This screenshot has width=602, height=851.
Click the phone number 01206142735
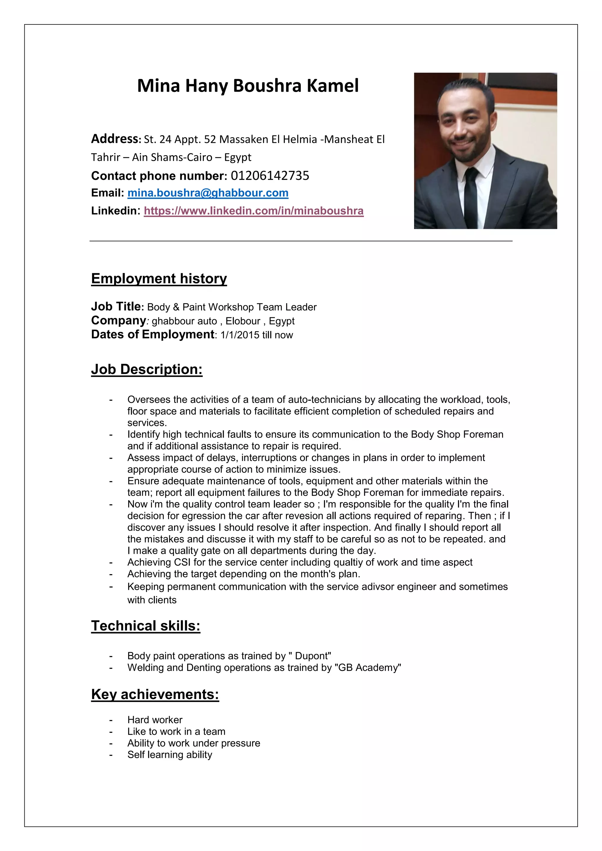[x=270, y=176]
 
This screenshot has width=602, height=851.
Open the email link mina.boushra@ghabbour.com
[x=208, y=193]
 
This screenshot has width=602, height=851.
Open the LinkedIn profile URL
[x=254, y=211]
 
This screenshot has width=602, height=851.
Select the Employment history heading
[x=159, y=279]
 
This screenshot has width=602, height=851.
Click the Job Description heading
[x=147, y=370]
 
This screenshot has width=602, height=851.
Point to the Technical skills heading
[x=146, y=626]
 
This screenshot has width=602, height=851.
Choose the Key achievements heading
[x=155, y=694]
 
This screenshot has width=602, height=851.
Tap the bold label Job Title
[x=116, y=306]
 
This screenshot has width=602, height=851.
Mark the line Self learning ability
[x=170, y=755]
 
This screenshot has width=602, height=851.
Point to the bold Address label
[x=115, y=139]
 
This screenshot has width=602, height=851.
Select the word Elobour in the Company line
[x=243, y=321]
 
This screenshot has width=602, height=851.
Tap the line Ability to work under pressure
[x=193, y=743]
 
